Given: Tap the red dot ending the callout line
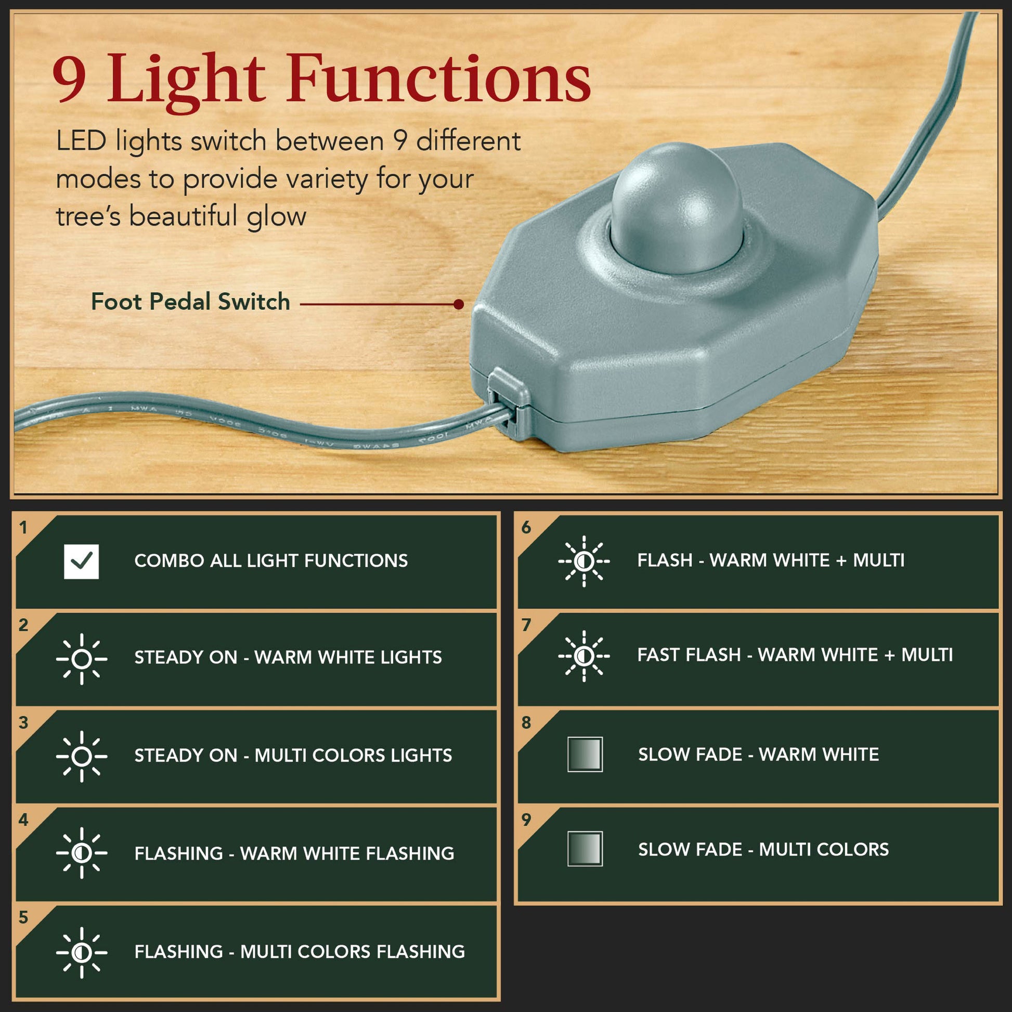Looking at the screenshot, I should pos(459,304).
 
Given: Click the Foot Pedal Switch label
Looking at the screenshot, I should pos(191,302).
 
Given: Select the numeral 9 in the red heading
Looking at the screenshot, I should pos(70,79).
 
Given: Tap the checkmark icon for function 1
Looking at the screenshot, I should pos(81,562).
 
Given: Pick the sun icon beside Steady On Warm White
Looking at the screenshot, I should pos(81,659).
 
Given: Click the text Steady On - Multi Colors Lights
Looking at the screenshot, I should pos(293,755).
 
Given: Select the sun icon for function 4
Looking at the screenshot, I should pos(81,853).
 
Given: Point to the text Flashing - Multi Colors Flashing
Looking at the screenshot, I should pos(300,951).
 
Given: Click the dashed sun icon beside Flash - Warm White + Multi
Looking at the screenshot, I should pos(584,562).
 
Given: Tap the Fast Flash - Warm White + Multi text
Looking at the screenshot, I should pos(795,655).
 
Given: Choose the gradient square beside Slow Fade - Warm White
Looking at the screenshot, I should pos(585,754).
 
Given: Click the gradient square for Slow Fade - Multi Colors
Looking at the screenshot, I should pos(585,849).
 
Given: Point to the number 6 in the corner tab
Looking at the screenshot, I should pos(526,527).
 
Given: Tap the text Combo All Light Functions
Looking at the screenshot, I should pos(271,561).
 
